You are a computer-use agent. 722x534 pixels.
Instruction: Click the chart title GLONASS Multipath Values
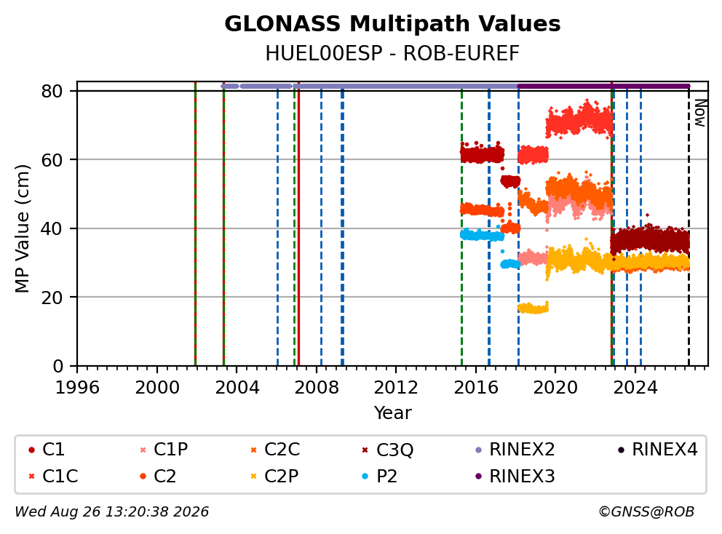[x=392, y=23]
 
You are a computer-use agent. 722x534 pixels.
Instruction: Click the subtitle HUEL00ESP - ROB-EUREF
[x=392, y=53]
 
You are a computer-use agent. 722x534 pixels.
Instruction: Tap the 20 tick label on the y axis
[x=52, y=298]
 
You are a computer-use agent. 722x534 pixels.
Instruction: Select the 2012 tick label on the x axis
[x=395, y=388]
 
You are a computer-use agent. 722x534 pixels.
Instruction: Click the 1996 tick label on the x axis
[x=77, y=388]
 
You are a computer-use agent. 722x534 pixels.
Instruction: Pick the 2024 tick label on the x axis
[x=635, y=388]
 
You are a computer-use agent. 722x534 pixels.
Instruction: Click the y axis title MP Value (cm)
[x=22, y=228]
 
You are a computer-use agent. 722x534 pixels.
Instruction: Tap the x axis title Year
[x=392, y=413]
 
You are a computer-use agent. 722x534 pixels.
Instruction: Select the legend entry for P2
[x=380, y=477]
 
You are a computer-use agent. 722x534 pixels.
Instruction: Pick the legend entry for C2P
[x=275, y=477]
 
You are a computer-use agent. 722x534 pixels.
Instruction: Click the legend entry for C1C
[x=53, y=477]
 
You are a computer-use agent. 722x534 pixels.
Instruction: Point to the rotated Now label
[x=700, y=113]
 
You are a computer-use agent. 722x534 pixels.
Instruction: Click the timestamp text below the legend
[x=112, y=512]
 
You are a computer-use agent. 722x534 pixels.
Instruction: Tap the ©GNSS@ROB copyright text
[x=646, y=512]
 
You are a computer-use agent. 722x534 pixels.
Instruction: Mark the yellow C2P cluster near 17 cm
[x=533, y=308]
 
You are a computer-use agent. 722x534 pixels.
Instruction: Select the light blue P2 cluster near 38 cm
[x=482, y=235]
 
